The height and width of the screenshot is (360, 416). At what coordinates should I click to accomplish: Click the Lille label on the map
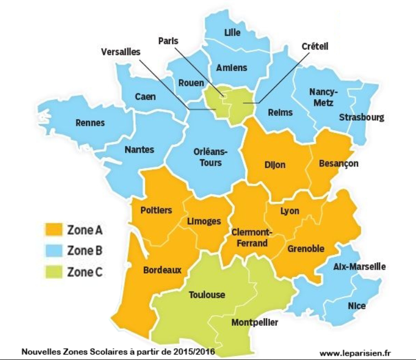coord(232,33)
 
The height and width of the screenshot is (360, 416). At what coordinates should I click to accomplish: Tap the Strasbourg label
coord(362,117)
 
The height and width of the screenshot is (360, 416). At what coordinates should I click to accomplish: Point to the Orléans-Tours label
coord(208,157)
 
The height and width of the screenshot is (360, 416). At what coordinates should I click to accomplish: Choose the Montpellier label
coord(255,323)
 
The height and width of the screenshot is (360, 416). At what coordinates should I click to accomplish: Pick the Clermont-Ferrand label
coord(249,238)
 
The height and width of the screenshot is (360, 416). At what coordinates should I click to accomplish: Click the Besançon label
coord(339,163)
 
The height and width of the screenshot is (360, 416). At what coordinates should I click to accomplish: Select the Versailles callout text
coord(121,51)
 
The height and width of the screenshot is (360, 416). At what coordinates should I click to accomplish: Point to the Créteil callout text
coord(315,47)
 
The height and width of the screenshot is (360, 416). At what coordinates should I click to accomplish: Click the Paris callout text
coord(168,41)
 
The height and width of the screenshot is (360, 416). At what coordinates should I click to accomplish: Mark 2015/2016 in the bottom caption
coord(187,351)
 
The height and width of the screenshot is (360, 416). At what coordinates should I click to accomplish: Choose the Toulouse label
coord(207,295)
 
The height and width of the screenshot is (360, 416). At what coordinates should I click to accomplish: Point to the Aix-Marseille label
coord(360,267)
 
